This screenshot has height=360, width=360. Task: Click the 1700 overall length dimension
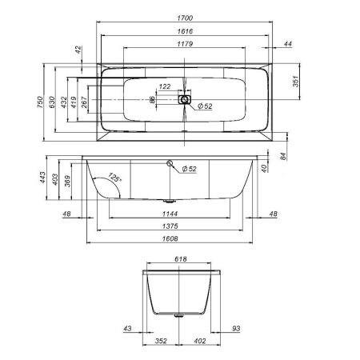coord(184,16)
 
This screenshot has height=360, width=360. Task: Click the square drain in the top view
coord(185,100)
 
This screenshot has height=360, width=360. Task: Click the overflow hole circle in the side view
coord(170,164)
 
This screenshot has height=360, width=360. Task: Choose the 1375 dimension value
coord(168,226)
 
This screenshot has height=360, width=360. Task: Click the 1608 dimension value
coord(168,239)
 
